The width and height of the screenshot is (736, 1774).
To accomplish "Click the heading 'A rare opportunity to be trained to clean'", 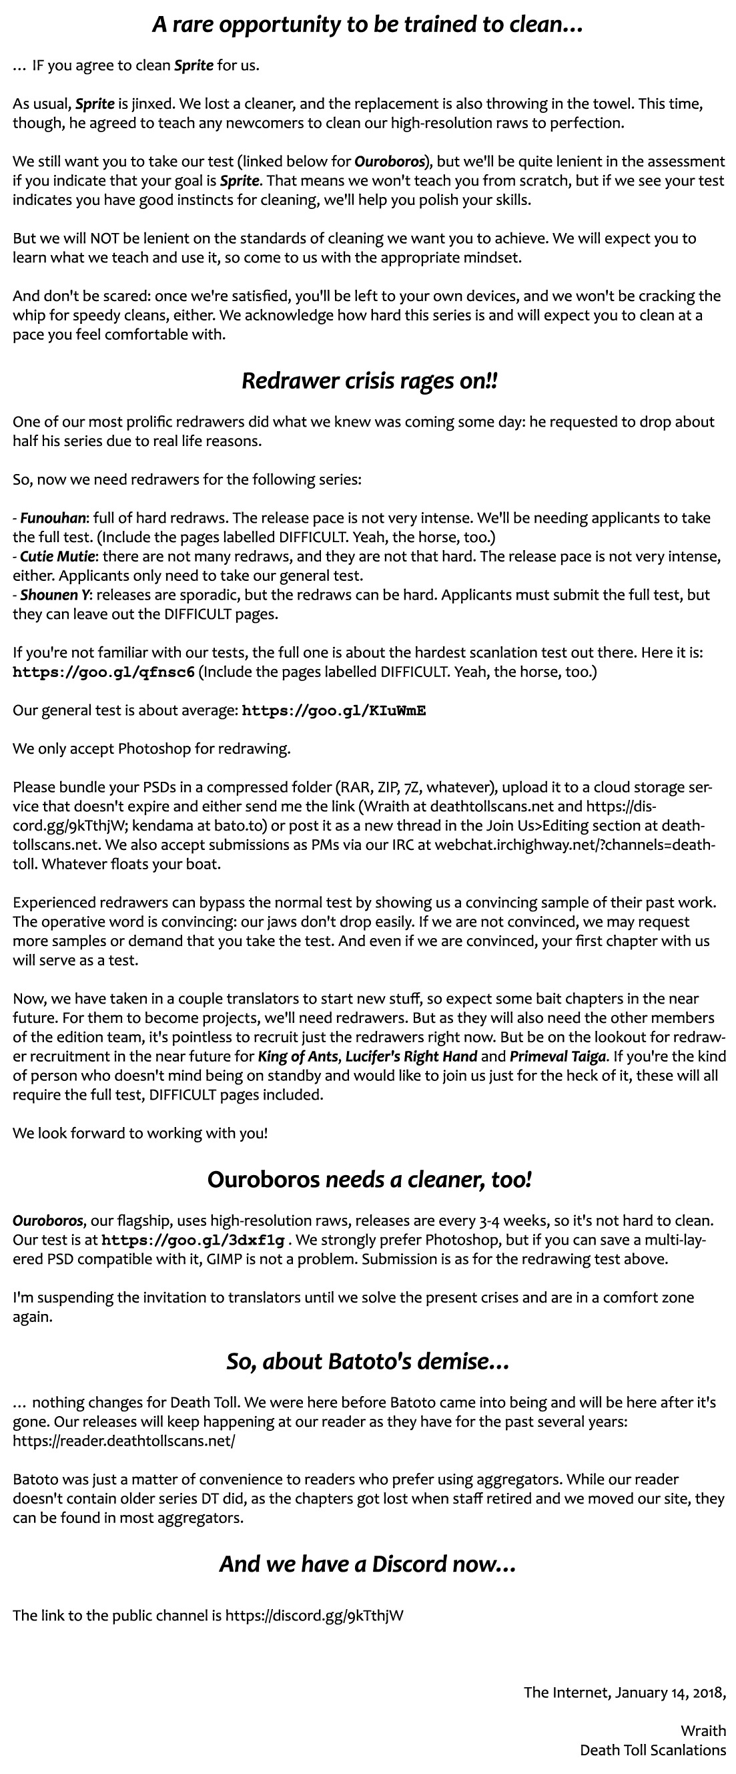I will [x=368, y=25].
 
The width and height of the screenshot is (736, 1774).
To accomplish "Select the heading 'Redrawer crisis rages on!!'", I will [x=369, y=381].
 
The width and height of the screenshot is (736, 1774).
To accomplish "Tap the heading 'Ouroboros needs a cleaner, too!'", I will [x=369, y=1180].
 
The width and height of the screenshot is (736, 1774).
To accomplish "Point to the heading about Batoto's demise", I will [x=368, y=1361].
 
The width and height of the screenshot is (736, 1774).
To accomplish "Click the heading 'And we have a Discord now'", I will [x=368, y=1564].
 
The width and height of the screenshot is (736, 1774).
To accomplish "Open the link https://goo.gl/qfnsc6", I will [x=103, y=672].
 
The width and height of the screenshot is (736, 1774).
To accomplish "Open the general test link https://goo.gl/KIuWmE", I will [x=334, y=710].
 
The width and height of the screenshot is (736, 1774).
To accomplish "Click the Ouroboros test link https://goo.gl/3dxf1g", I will [x=192, y=1241].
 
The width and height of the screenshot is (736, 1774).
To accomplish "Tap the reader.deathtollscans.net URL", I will [x=124, y=1441].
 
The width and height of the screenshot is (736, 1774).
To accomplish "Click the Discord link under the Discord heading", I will [x=314, y=1616].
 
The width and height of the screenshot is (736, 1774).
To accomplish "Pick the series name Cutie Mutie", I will [x=59, y=556].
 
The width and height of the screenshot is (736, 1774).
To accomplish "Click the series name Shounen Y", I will [x=56, y=595].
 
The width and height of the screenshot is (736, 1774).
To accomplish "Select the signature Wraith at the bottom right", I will [x=703, y=1731].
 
